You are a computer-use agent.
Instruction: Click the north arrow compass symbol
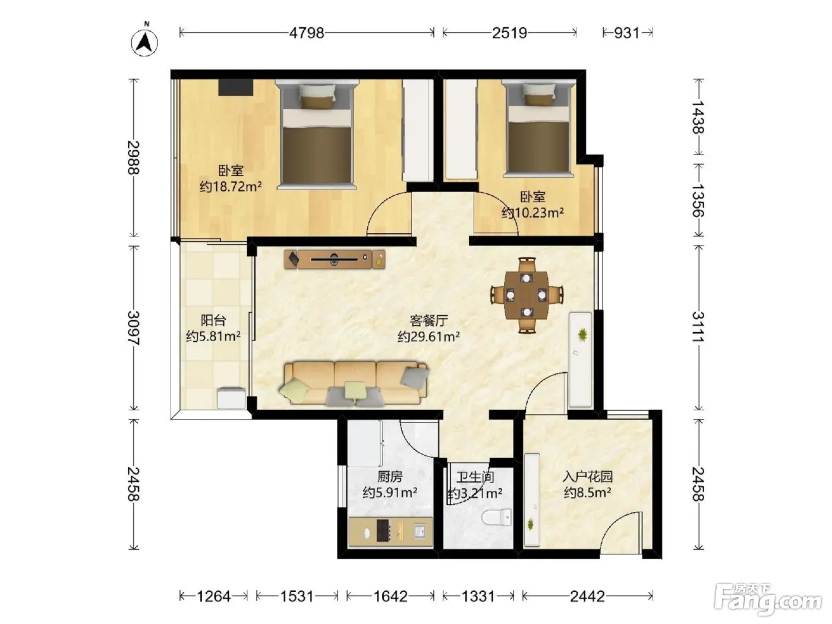point(144,42)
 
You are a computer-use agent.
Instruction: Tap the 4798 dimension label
point(307,33)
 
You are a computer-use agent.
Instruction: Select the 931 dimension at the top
point(626,33)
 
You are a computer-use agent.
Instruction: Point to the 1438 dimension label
point(698,118)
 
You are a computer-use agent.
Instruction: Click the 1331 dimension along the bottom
point(478,596)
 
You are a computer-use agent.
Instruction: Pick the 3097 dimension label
point(134,328)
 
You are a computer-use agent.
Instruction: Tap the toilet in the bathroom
point(497,518)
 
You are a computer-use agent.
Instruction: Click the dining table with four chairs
point(527,295)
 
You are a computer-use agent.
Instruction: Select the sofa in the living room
point(354,383)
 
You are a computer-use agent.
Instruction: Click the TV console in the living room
point(335,259)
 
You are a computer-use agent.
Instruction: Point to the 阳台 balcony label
point(213,320)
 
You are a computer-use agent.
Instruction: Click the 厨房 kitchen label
point(390,476)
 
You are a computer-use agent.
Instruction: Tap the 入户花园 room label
point(587,476)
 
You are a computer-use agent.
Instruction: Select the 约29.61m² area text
point(428,336)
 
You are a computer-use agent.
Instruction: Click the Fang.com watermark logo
point(768,600)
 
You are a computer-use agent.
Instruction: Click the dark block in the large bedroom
point(235,87)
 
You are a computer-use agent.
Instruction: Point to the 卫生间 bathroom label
point(475,477)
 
